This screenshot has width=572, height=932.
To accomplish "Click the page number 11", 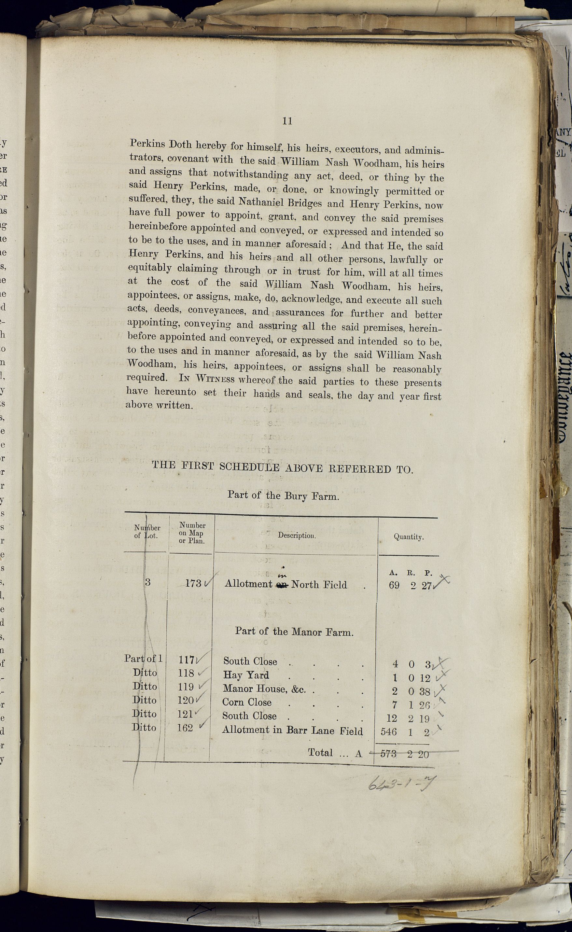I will click(287, 121).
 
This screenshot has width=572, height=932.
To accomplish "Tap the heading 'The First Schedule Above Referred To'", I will click(282, 467).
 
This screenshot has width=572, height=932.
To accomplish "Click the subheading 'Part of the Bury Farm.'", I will click(283, 495).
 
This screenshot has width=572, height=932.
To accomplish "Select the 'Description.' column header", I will click(297, 535).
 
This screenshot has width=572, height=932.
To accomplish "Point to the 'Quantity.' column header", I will click(409, 537).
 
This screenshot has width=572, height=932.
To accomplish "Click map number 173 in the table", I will click(193, 583).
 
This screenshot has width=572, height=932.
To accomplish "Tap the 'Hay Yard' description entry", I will click(246, 675).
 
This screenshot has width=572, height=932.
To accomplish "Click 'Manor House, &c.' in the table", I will click(264, 689).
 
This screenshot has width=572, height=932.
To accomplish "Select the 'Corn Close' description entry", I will click(247, 702).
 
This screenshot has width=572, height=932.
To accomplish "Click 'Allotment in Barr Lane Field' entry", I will click(292, 730).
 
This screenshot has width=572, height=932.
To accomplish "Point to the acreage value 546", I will click(388, 731).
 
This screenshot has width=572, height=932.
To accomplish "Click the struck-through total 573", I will click(388, 754).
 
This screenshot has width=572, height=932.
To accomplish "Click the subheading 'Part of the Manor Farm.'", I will click(294, 631).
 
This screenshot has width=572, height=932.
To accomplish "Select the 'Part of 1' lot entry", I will click(143, 659).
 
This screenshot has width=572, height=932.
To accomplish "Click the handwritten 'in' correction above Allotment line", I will click(283, 575).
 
